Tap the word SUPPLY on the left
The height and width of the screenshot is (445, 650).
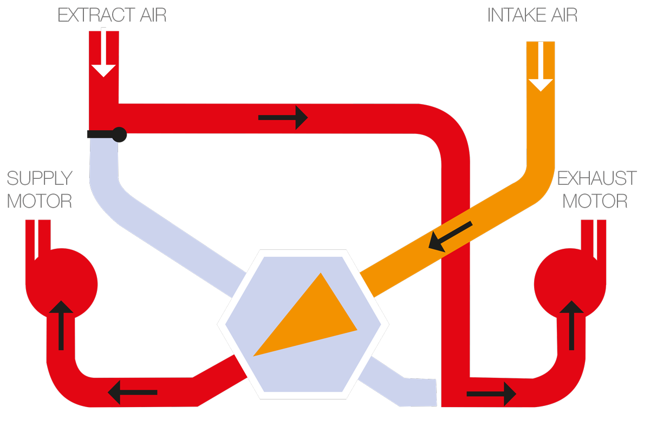point(40,178)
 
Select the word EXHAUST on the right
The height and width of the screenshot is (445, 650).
point(596,178)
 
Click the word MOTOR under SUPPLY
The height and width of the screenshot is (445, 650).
point(40,202)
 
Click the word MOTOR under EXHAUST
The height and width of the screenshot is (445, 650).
point(595,202)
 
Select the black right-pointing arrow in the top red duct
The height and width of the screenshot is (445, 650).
point(283,117)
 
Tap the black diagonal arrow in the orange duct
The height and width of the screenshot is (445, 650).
point(450,236)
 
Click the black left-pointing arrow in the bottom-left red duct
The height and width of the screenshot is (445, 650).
point(133,392)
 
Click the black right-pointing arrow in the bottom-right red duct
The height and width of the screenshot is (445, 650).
point(491,394)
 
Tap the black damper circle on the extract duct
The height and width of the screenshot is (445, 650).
point(119,134)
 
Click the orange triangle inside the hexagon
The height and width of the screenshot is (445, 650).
point(309,320)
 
